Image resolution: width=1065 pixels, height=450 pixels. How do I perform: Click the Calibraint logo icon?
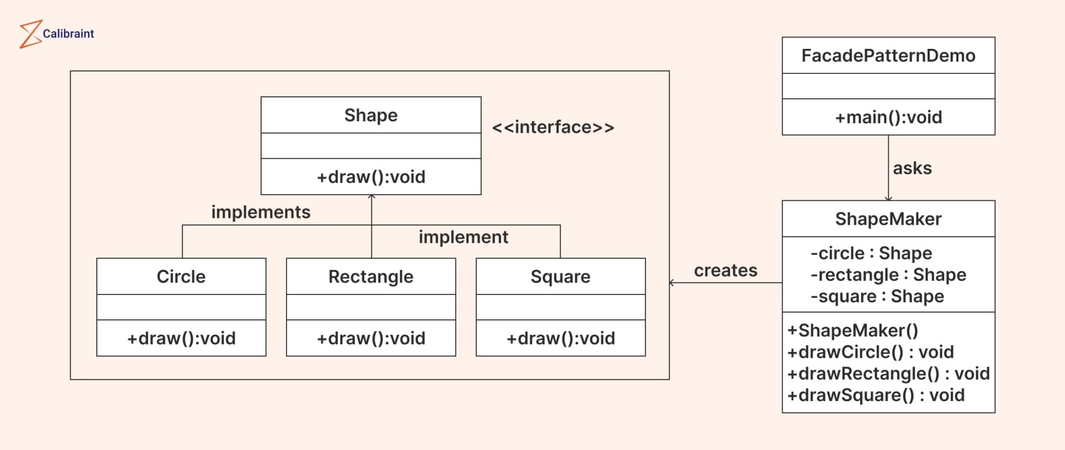(30, 34)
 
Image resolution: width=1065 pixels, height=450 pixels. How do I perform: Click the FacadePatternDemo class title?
(888, 56)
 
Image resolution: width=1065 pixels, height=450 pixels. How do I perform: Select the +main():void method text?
(888, 118)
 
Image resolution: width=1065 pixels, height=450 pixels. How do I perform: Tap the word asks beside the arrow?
(912, 169)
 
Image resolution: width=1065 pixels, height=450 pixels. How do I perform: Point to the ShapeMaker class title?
(888, 219)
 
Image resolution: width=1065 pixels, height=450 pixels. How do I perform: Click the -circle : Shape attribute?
(871, 253)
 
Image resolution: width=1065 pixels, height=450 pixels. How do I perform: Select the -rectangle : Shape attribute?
(888, 275)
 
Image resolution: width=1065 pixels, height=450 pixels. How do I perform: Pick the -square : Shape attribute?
(877, 297)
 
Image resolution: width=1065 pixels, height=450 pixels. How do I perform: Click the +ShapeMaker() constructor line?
(853, 331)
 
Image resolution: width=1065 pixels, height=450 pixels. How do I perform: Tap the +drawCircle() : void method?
(871, 352)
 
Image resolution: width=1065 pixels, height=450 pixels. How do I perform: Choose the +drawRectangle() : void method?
(888, 374)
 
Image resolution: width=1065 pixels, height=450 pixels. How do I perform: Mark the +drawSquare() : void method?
(876, 395)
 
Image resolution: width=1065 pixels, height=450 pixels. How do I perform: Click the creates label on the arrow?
(725, 271)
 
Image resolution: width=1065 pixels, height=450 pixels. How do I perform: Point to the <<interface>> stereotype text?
(553, 127)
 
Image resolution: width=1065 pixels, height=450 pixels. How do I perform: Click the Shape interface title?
(371, 115)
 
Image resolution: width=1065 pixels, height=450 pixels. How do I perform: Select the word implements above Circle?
(261, 212)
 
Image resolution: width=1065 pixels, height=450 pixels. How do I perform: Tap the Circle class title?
(181, 277)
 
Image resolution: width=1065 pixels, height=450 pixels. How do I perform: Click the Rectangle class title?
(371, 277)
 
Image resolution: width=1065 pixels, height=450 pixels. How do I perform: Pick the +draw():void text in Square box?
(561, 339)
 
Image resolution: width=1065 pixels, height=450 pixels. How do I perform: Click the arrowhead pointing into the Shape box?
(371, 197)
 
